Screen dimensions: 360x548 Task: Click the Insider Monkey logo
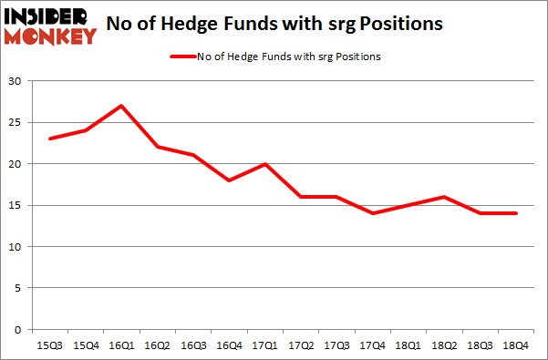pos(51,25)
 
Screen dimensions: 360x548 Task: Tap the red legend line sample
pos(183,57)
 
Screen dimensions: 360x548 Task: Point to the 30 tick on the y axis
pos(16,82)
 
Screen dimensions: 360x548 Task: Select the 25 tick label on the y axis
pos(16,123)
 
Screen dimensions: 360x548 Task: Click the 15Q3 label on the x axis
pos(50,345)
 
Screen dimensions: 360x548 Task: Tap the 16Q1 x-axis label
pos(121,345)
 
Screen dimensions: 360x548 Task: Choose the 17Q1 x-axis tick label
pos(264,345)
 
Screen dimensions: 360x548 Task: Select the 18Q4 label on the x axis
pos(512,345)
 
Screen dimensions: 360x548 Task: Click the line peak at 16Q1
pos(121,106)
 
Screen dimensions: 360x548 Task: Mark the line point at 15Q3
pos(50,139)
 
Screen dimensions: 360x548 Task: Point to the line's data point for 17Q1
pos(264,164)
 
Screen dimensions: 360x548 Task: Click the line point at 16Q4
pos(228,180)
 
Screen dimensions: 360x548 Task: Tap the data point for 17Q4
pos(370,213)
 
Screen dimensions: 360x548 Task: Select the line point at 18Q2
pos(441,197)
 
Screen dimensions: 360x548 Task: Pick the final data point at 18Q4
pos(512,213)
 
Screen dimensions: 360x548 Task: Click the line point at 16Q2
pos(157,147)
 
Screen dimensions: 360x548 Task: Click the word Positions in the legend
pos(358,57)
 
